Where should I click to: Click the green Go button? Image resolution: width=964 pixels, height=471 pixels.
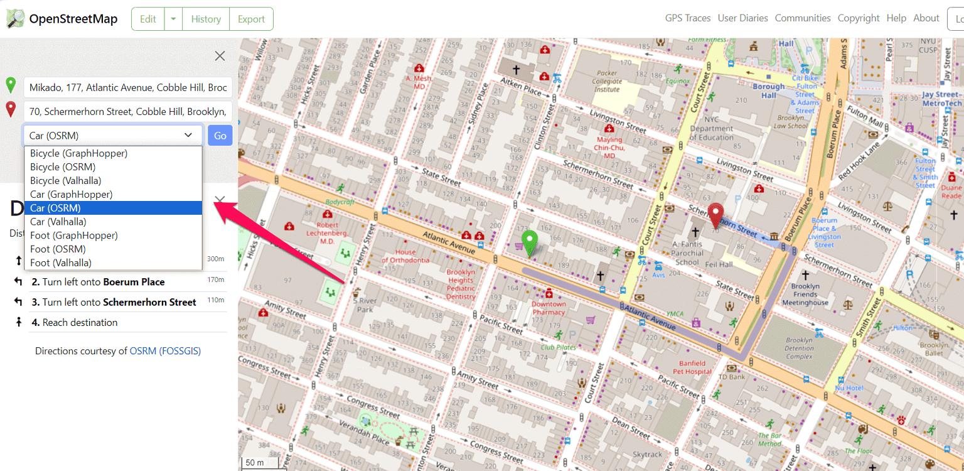click(x=220, y=136)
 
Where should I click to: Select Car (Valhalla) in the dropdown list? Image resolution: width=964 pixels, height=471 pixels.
click(x=58, y=222)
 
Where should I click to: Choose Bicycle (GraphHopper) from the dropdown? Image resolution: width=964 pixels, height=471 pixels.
click(x=78, y=153)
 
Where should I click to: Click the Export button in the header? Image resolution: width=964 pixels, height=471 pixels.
click(x=251, y=19)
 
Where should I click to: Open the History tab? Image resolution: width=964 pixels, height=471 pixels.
click(x=206, y=19)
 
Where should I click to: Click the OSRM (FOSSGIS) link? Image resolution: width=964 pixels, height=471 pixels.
click(x=165, y=351)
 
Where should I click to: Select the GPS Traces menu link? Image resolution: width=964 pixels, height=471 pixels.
click(x=688, y=18)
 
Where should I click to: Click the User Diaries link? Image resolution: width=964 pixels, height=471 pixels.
click(x=742, y=18)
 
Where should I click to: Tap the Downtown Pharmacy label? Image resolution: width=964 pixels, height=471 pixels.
click(x=549, y=308)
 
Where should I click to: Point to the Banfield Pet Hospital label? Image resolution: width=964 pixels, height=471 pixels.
click(x=695, y=367)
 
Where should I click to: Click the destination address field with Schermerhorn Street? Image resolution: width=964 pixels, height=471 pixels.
click(x=128, y=112)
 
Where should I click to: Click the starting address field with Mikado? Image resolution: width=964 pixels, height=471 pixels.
click(x=128, y=88)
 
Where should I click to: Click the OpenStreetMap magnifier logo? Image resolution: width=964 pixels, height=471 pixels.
click(x=16, y=19)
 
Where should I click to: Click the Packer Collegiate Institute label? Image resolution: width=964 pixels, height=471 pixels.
click(x=607, y=81)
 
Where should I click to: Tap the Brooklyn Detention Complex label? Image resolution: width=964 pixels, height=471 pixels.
click(x=800, y=349)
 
